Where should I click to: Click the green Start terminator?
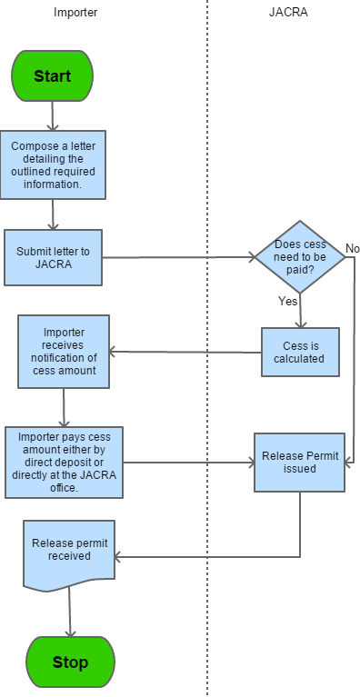tap(52, 76)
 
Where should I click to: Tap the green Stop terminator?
tap(70, 662)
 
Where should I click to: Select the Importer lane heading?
tap(75, 12)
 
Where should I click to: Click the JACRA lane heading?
tap(288, 12)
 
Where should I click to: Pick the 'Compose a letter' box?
tap(53, 164)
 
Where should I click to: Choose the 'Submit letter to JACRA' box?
tap(53, 257)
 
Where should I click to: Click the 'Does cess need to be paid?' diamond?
tap(300, 257)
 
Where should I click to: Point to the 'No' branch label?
tap(352, 248)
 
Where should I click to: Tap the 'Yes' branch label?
tap(288, 301)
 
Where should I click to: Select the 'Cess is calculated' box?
tap(300, 352)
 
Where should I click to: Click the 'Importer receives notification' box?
tap(64, 352)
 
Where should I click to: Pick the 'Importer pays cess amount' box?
tap(64, 463)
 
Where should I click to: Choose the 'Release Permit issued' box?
tap(300, 463)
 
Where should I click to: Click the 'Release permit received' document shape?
tap(69, 555)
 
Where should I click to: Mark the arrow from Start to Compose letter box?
tap(53, 116)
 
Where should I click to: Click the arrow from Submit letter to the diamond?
tap(178, 257)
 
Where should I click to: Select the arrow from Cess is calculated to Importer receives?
tap(185, 352)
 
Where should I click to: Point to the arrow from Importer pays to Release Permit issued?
tap(189, 463)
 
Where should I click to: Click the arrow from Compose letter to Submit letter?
tap(53, 214)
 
